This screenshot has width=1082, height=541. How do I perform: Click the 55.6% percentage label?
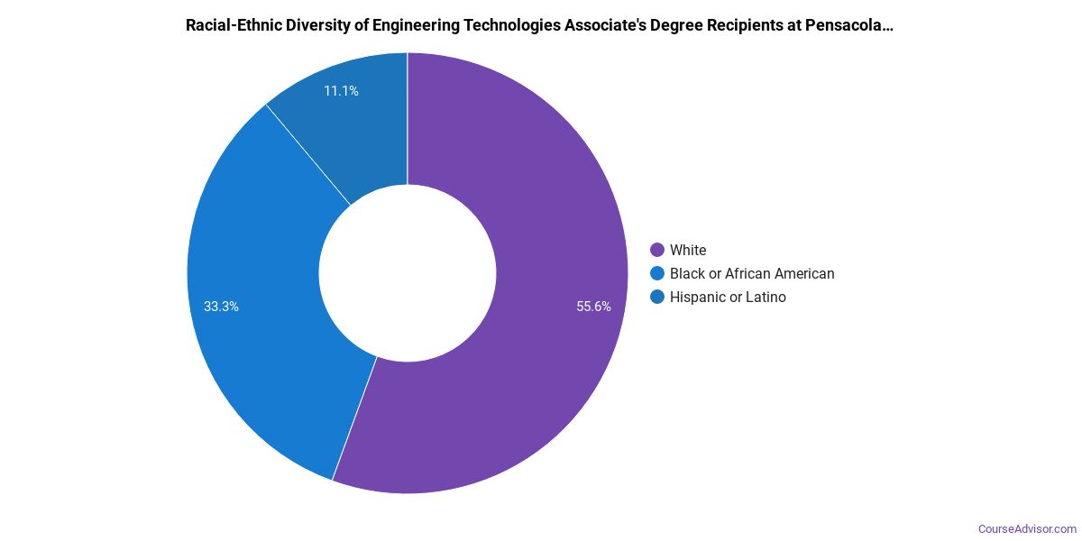click(593, 307)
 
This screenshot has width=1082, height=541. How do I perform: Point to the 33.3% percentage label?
click(221, 307)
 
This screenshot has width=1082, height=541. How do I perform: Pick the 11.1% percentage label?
click(341, 91)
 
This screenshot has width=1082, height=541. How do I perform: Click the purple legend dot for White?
click(657, 250)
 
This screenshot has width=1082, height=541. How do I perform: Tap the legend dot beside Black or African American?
click(657, 273)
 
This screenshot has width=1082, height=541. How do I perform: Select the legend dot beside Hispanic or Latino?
click(657, 297)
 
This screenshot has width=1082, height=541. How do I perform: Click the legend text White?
click(688, 250)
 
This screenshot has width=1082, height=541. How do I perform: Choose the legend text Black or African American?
click(752, 273)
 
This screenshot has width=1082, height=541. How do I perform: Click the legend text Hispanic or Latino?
click(728, 297)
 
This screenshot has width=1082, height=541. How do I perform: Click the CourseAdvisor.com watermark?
click(1027, 528)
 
